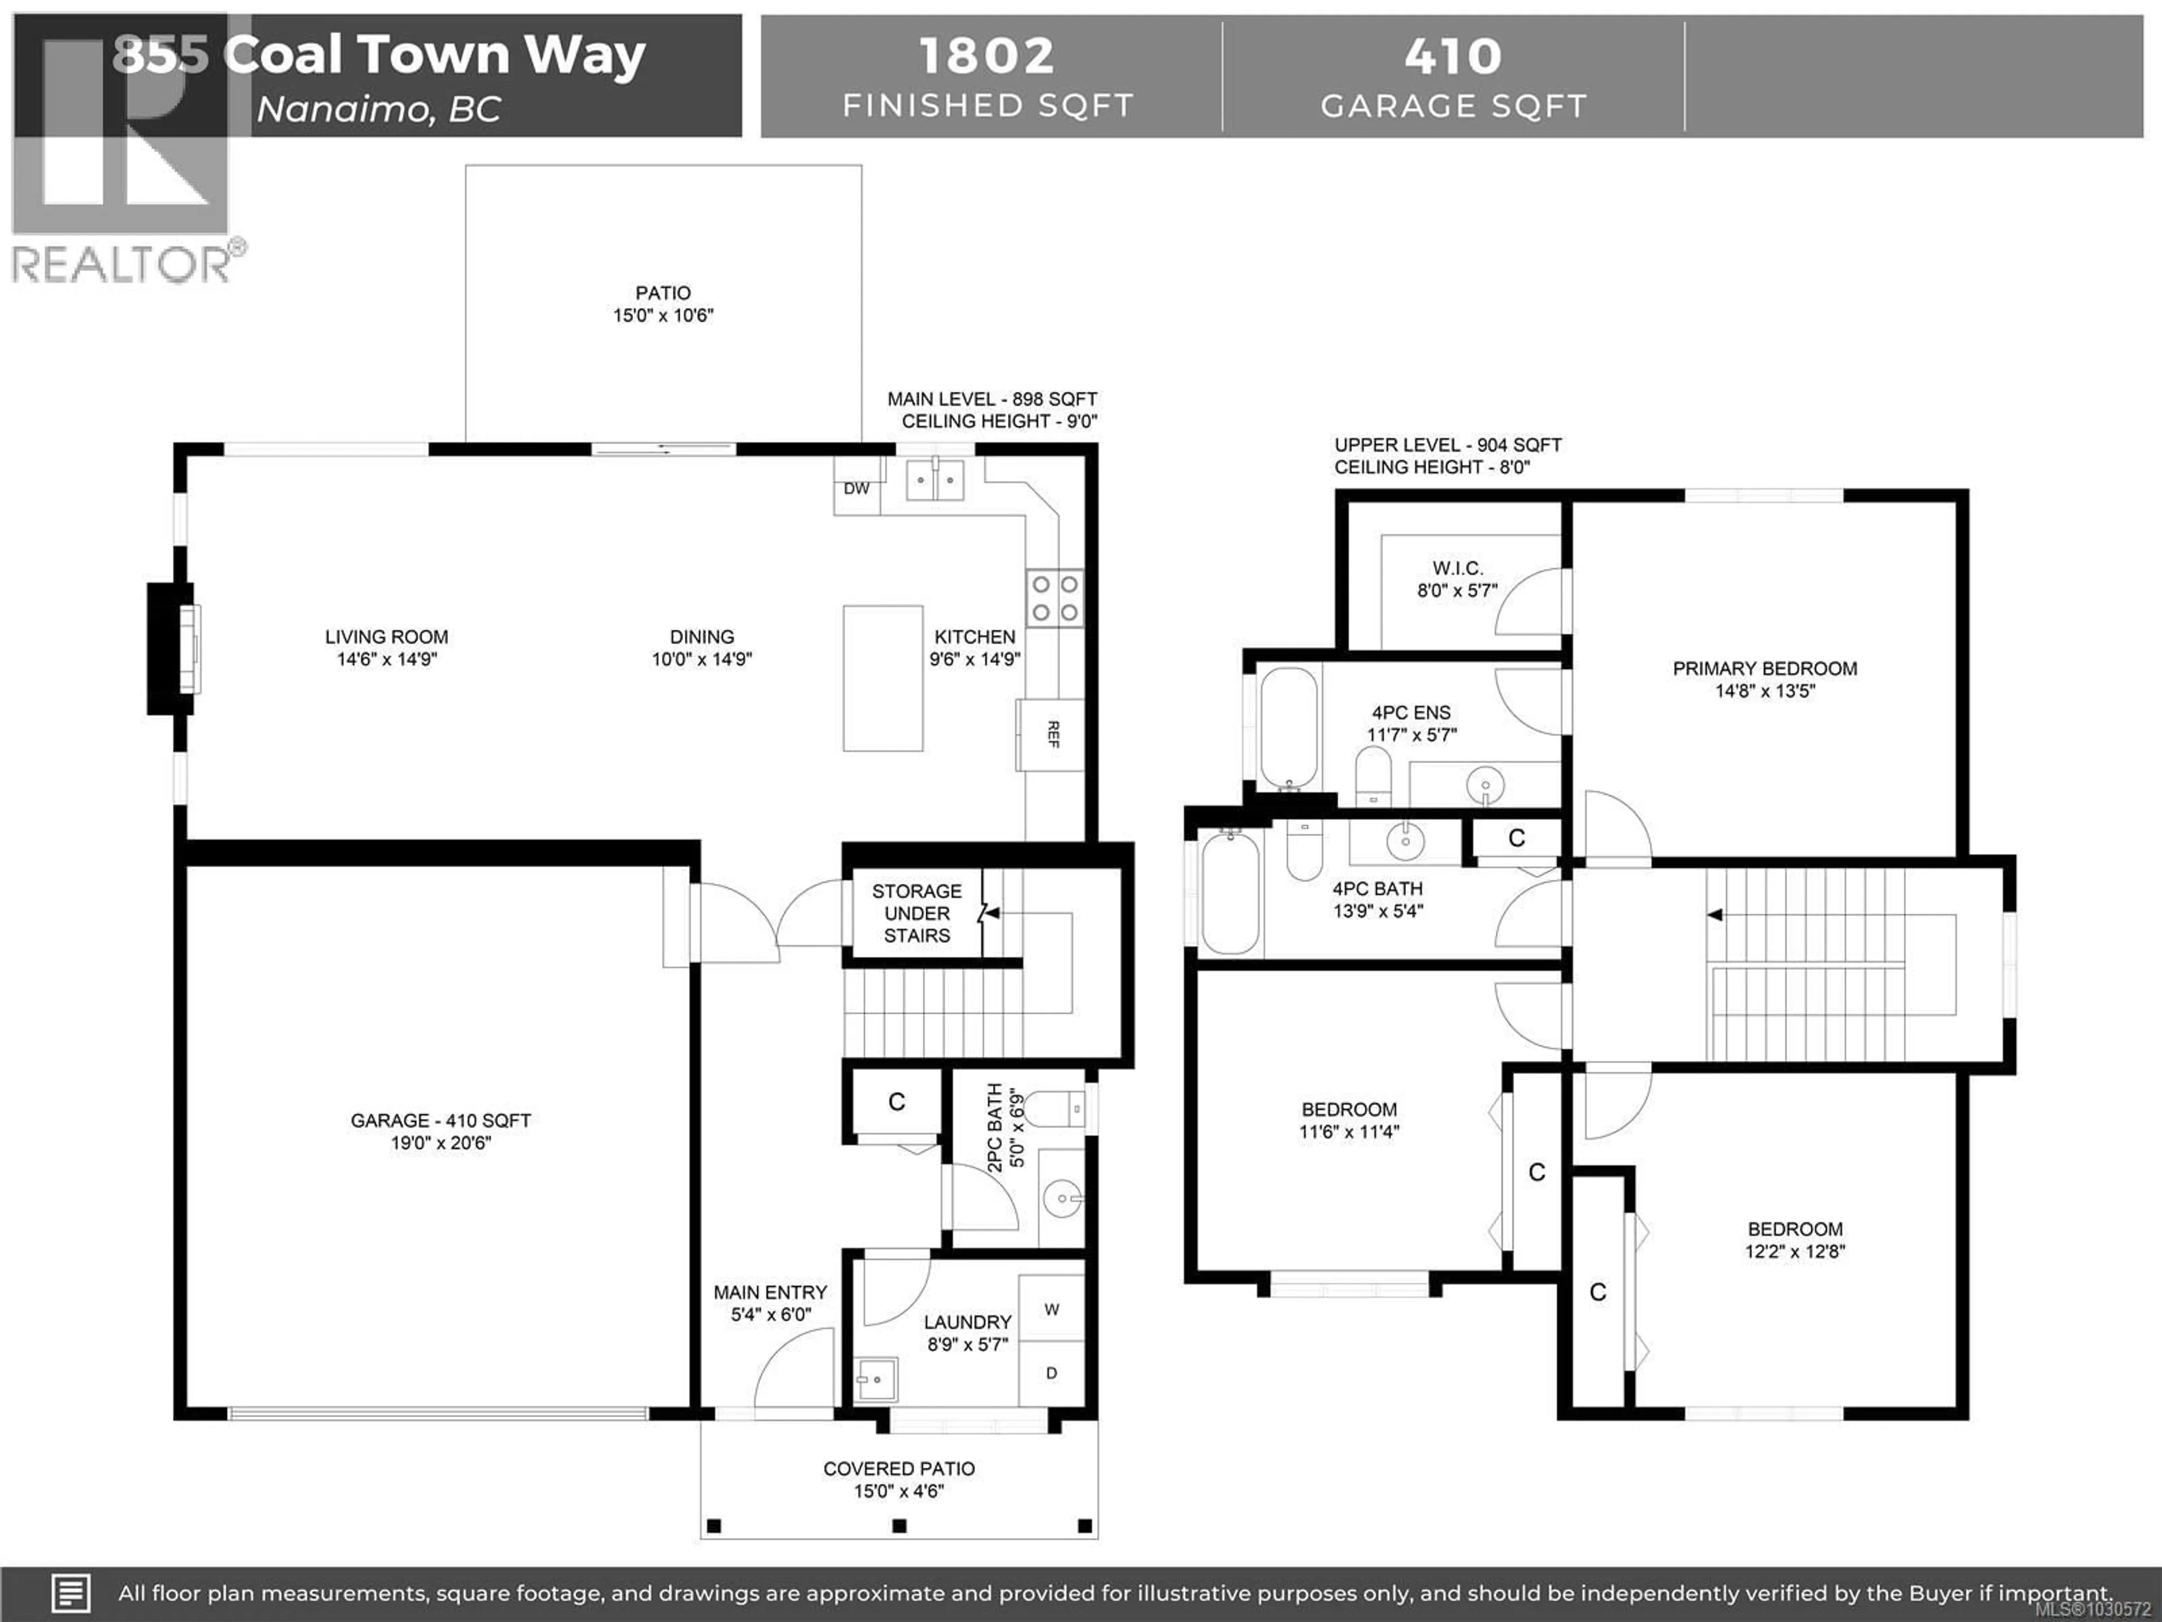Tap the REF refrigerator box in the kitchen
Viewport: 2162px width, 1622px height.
(1051, 734)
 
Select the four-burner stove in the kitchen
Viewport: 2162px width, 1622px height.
(1055, 598)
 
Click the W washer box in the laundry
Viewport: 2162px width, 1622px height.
(1052, 1308)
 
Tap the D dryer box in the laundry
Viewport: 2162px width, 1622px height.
(1052, 1373)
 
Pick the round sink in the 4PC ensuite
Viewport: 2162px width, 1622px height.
(1485, 784)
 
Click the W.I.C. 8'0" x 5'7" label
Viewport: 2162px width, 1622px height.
(1457, 579)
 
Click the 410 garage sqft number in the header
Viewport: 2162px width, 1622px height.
(1453, 56)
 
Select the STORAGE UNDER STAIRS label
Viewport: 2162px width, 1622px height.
(916, 912)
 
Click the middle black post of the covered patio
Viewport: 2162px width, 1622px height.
(899, 1525)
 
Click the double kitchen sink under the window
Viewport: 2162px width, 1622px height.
(935, 480)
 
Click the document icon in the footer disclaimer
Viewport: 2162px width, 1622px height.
(70, 1593)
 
